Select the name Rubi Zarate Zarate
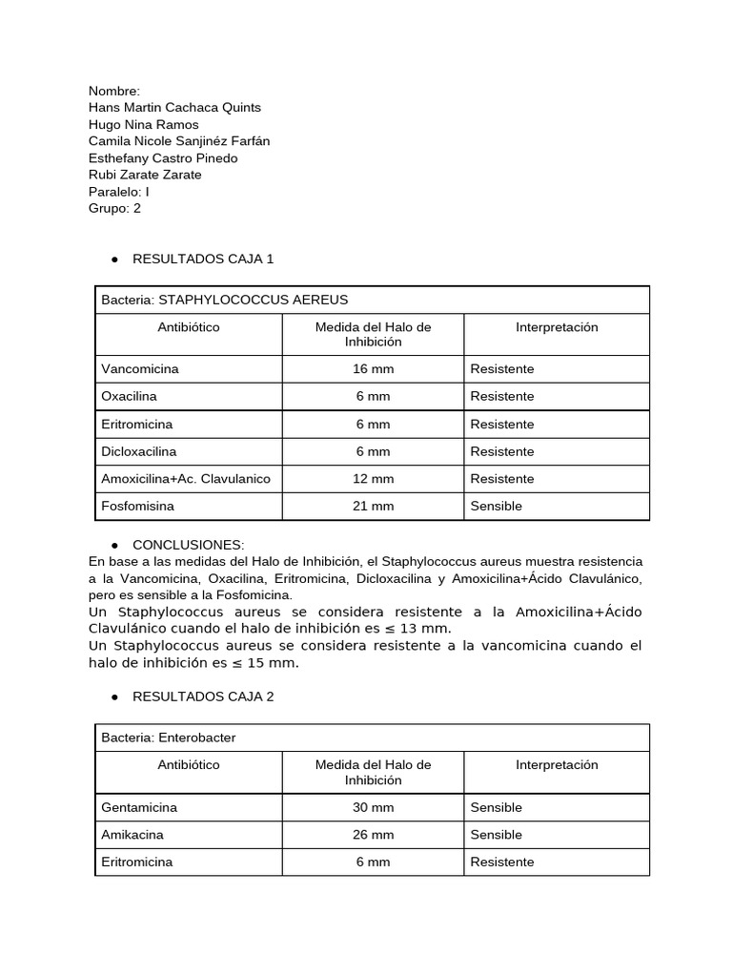click(x=145, y=175)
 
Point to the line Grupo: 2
click(x=114, y=208)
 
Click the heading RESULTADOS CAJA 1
click(x=203, y=259)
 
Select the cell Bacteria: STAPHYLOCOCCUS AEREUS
click(x=225, y=300)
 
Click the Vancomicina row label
click(x=140, y=368)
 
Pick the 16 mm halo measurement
click(x=373, y=368)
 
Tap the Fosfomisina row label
click(x=139, y=506)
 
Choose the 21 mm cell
click(x=373, y=506)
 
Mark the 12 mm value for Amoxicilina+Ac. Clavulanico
click(x=373, y=478)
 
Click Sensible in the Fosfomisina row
click(x=497, y=506)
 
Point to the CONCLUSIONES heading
click(x=189, y=544)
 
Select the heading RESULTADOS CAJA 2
click(x=203, y=696)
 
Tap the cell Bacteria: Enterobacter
click(x=169, y=738)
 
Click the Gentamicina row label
click(x=139, y=807)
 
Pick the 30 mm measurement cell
click(x=373, y=807)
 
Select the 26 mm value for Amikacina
click(x=373, y=835)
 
